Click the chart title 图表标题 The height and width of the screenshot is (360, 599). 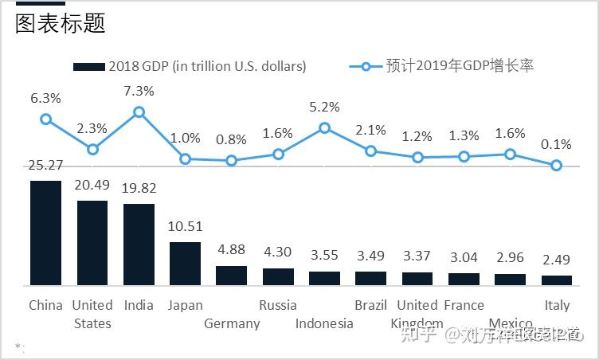point(61,24)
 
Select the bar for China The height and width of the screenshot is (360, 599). point(45,233)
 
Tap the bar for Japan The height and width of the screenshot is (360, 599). point(185,263)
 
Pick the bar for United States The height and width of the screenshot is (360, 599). point(92,242)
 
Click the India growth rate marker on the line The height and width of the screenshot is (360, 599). point(139,112)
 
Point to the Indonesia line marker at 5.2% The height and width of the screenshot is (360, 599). point(324,127)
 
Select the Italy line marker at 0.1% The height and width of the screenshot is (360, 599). point(557,166)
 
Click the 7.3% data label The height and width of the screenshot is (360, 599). point(139,92)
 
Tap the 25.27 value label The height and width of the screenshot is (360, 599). point(45,166)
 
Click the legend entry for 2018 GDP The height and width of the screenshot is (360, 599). point(190,66)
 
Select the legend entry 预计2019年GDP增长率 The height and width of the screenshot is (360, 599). point(442,66)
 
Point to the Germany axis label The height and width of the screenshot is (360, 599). point(232,323)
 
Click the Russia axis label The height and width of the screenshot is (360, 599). point(278,305)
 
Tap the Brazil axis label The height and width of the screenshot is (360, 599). point(371,305)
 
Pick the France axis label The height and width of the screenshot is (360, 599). point(464,305)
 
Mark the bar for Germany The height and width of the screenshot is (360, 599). point(232,275)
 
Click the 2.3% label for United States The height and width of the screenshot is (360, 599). point(92,128)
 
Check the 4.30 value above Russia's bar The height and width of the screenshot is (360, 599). point(278,252)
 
